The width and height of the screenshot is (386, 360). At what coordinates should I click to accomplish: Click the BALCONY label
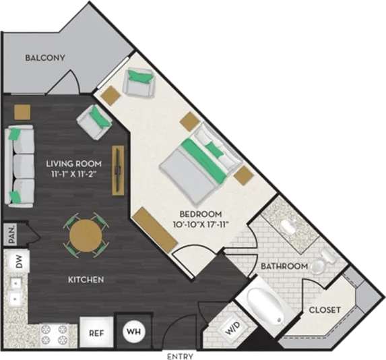(x=45, y=58)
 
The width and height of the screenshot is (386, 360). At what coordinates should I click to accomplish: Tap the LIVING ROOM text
(x=74, y=163)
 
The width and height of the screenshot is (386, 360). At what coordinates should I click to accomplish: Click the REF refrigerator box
(x=96, y=332)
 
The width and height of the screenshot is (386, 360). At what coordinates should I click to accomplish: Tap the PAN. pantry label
(x=12, y=235)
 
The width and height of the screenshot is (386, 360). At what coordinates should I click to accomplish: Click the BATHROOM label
(x=285, y=266)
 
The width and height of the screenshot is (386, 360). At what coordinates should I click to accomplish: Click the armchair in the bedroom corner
(x=140, y=82)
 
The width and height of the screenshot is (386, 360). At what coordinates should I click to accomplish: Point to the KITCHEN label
(x=85, y=279)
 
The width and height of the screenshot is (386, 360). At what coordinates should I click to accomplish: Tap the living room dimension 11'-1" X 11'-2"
(x=74, y=175)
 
